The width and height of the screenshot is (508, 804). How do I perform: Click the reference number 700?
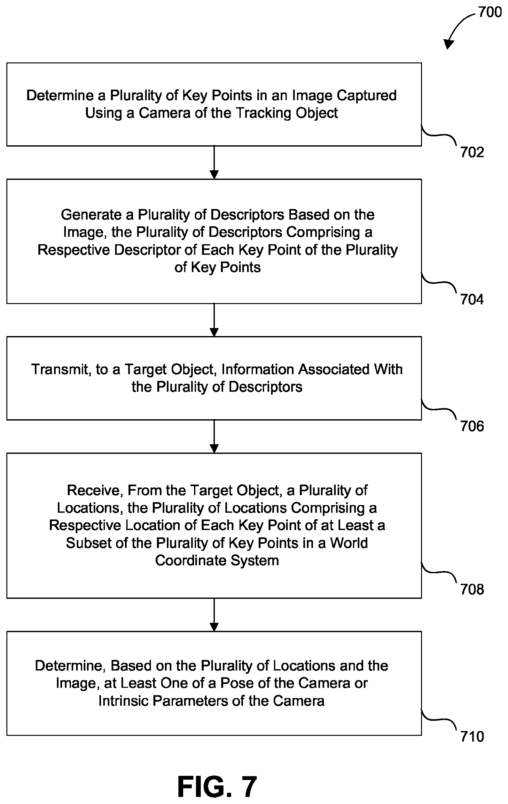[x=490, y=12]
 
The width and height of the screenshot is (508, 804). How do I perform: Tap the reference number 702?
[x=472, y=152]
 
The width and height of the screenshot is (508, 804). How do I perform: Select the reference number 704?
[x=472, y=300]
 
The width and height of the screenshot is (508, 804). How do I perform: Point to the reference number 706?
[x=472, y=426]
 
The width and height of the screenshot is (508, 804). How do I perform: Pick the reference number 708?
[x=472, y=589]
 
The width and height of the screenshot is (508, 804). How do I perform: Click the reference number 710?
[x=472, y=736]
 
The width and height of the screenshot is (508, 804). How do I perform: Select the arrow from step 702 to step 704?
[x=214, y=163]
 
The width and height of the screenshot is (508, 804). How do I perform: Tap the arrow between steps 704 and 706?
[x=214, y=320]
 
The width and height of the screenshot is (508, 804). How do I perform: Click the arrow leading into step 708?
[x=214, y=436]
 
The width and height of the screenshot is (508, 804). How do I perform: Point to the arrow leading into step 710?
[x=214, y=615]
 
